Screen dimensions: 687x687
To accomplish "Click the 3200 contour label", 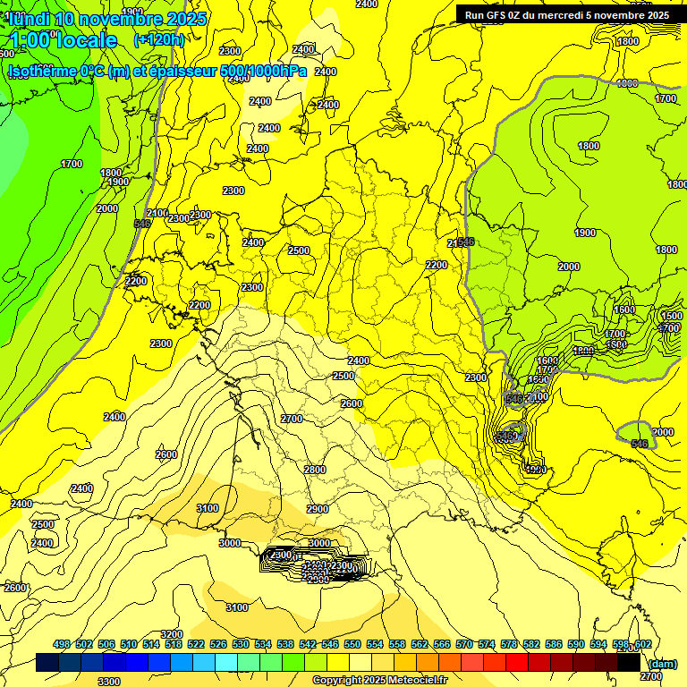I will pos(172,634).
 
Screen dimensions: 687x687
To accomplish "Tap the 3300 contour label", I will pos(109,682).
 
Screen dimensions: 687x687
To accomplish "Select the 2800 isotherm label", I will pos(314,470).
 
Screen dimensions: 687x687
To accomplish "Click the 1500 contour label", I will pos(672,317).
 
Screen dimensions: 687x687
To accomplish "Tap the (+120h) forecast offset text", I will pos(158,39).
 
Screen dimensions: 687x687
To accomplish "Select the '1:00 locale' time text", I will pos(64,40).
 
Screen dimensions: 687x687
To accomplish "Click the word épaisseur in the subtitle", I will pos(170,72).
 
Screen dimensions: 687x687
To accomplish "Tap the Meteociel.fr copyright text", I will pos(379,681).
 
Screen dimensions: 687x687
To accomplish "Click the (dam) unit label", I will pos(663,663).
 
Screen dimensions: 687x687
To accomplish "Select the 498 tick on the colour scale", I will pos(62,645).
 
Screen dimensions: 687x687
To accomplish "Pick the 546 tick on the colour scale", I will pos(330,645).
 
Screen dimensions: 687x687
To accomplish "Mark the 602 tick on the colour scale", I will pos(642,645).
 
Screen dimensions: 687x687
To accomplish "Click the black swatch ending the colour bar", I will pos(629,663).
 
